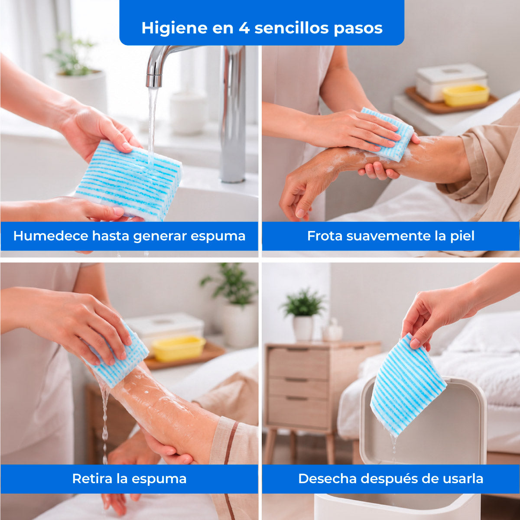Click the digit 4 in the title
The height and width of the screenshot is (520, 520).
(244, 28)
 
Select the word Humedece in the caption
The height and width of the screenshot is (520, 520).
(51, 236)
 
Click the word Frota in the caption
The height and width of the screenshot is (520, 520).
(325, 236)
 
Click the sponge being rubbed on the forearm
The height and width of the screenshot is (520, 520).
(387, 134)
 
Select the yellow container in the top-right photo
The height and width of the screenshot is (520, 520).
(466, 95)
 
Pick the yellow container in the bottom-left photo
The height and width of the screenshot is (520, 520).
(179, 348)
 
